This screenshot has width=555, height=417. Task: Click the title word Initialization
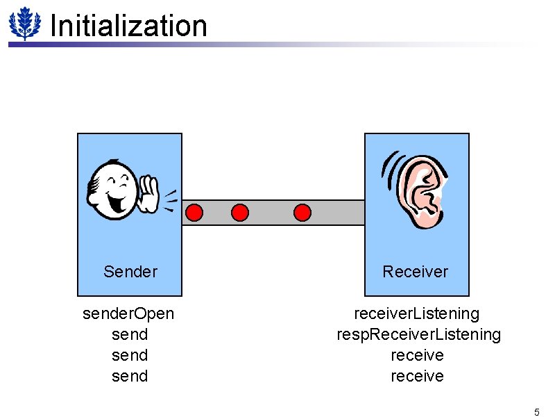128,26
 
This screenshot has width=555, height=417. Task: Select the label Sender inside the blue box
130,272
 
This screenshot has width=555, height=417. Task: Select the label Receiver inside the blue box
416,272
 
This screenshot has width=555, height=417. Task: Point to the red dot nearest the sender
195,212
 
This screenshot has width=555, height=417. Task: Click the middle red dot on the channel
239,212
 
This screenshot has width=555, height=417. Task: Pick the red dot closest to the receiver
302,212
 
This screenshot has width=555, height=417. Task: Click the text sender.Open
128,314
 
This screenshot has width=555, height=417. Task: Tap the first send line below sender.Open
130,335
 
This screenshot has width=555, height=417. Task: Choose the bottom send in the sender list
130,377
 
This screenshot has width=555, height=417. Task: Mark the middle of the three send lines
130,356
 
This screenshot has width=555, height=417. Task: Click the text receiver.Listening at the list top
417,314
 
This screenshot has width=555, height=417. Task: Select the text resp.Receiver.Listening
418,335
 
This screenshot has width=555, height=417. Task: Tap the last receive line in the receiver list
417,377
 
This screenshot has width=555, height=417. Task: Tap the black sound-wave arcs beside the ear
390,170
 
